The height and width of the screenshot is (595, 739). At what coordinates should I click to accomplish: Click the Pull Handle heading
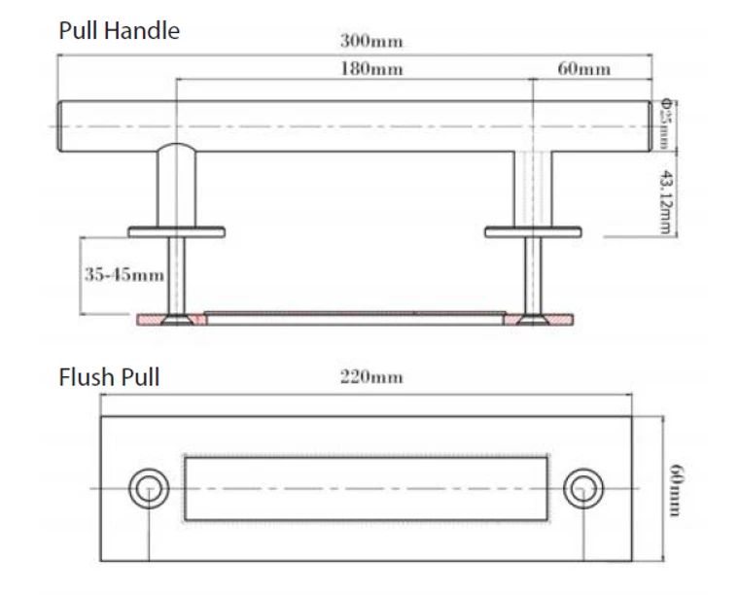[119, 30]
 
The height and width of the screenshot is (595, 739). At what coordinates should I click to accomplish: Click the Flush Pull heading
[109, 377]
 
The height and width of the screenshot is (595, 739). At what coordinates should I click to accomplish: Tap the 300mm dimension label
[370, 42]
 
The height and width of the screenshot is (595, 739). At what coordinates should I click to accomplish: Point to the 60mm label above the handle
[584, 69]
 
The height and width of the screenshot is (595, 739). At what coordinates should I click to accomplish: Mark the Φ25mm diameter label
[666, 123]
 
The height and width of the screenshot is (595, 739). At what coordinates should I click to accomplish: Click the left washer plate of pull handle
[176, 231]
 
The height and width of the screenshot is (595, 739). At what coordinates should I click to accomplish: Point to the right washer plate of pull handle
[533, 231]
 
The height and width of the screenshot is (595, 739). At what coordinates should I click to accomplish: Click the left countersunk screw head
[175, 318]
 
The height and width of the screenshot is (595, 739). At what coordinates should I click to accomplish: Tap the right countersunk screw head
[532, 318]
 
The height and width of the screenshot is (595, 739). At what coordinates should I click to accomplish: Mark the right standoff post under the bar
[533, 189]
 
